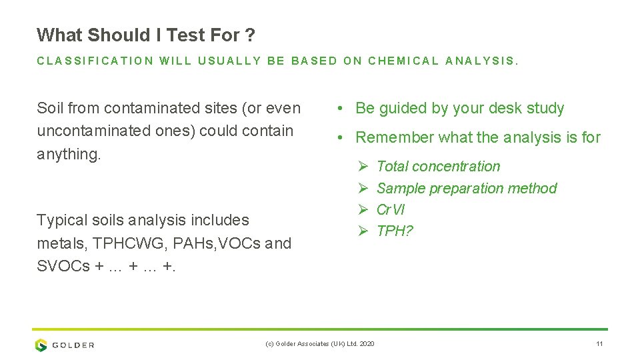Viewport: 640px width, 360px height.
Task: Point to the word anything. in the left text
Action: [69, 154]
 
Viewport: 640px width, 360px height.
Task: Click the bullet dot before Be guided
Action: [340, 109]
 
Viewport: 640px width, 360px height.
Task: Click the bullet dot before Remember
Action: [340, 138]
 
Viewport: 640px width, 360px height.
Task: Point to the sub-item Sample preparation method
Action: [466, 189]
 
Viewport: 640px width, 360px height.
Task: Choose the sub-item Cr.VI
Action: [391, 210]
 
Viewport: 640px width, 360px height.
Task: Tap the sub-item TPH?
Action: [395, 231]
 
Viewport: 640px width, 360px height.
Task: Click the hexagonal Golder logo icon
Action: [41, 345]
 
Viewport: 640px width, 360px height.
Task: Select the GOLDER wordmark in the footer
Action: [73, 345]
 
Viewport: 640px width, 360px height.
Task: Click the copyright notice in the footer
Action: [319, 343]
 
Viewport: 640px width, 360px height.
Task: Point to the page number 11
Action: [599, 343]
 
